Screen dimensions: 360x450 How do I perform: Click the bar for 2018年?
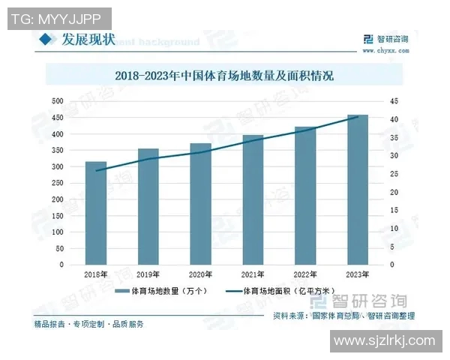tap(95, 213)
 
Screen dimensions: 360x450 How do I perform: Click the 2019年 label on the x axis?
tap(148, 274)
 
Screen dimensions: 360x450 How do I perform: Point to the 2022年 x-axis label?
tap(305, 274)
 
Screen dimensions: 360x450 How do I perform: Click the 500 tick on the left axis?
tap(56, 101)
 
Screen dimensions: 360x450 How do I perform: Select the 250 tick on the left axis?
tap(56, 183)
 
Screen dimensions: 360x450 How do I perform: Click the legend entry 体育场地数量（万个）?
tap(164, 290)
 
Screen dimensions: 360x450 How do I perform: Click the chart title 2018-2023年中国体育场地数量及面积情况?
tap(224, 76)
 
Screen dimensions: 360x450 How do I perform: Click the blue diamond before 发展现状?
tap(44, 39)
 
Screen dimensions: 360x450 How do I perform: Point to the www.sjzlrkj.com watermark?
tap(385, 341)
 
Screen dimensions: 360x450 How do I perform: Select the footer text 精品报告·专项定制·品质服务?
tap(88, 324)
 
